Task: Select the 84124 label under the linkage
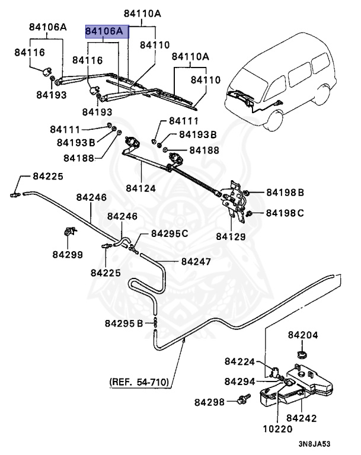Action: coord(140,188)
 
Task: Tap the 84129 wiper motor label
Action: coord(230,236)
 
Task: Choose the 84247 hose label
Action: coord(196,261)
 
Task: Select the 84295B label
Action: coord(124,323)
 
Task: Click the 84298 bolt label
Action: coord(209,402)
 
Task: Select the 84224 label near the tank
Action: coord(239,361)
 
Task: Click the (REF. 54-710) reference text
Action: coord(139,382)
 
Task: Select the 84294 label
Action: coord(239,381)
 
